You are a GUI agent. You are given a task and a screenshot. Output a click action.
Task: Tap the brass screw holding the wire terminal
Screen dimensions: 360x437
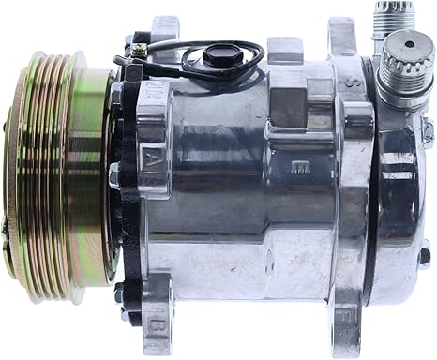[x=140, y=39]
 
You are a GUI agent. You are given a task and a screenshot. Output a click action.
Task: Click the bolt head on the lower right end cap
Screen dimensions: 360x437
[x=423, y=252]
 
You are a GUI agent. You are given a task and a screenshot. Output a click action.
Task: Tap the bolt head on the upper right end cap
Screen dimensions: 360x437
[x=427, y=132]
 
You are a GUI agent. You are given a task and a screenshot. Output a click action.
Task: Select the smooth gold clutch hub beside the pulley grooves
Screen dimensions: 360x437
[x=94, y=178]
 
